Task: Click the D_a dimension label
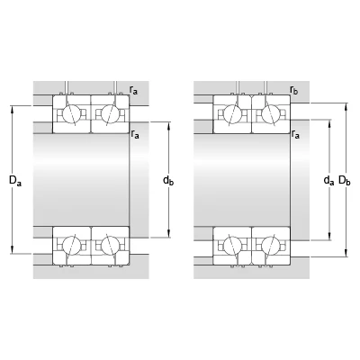click(15, 181)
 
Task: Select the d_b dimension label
click(168, 181)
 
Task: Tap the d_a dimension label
click(328, 181)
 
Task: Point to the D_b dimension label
click(345, 181)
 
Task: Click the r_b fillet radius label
click(294, 90)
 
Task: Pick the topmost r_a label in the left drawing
click(133, 90)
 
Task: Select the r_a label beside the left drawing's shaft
click(135, 134)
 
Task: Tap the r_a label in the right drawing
click(295, 134)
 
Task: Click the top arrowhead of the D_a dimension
click(13, 110)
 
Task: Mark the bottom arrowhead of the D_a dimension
click(13, 250)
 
